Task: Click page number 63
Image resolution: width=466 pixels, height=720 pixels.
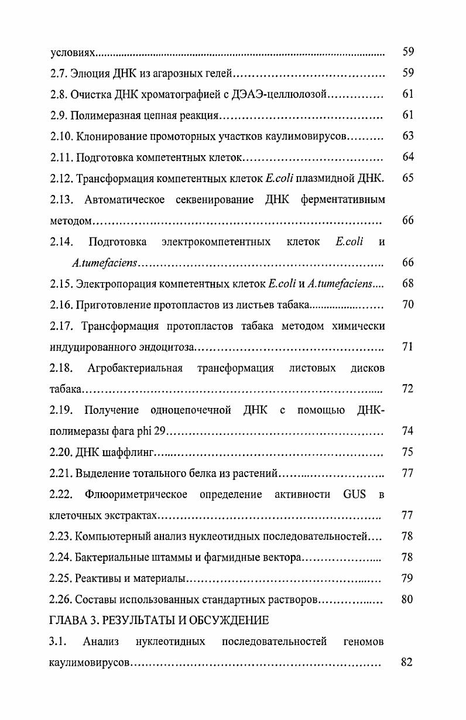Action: [x=408, y=136]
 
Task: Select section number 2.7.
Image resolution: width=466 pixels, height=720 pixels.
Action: [x=59, y=73]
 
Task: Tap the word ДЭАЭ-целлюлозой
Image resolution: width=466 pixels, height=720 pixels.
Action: [x=277, y=94]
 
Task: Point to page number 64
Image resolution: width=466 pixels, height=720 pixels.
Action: [x=408, y=157]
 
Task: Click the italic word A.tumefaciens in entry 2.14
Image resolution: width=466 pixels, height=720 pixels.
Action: [x=105, y=263]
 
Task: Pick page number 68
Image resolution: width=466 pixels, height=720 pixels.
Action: [x=408, y=284]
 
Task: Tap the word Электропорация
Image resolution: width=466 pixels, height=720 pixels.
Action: [x=112, y=284]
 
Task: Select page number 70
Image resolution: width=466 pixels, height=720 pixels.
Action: [x=408, y=305]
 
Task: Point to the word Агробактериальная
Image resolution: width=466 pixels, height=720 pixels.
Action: [x=135, y=368]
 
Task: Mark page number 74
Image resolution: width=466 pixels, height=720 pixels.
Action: [x=408, y=431]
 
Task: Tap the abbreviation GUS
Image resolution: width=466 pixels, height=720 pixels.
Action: [x=354, y=495]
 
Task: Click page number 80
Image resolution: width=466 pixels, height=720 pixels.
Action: [x=408, y=599]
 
